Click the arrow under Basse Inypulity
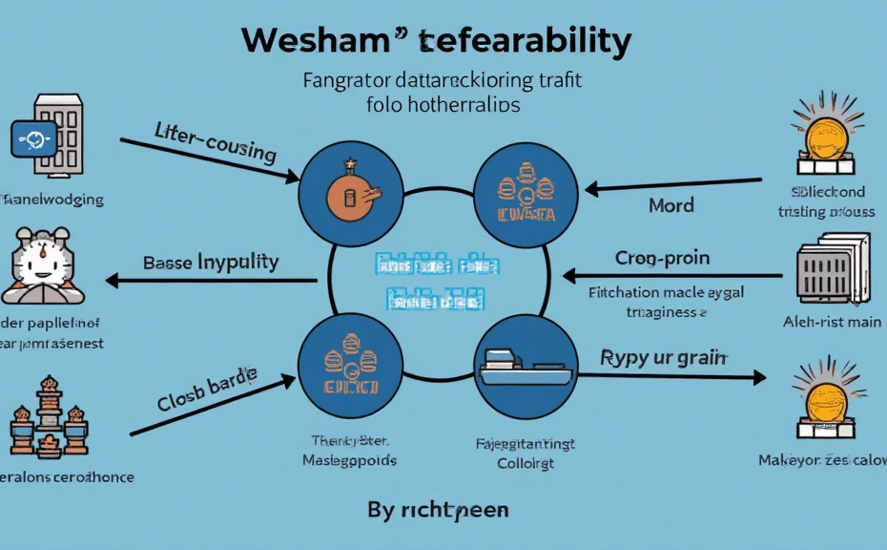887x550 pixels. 211,281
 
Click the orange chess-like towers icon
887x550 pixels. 48,420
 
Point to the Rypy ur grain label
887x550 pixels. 664,358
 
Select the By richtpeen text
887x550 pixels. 438,510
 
